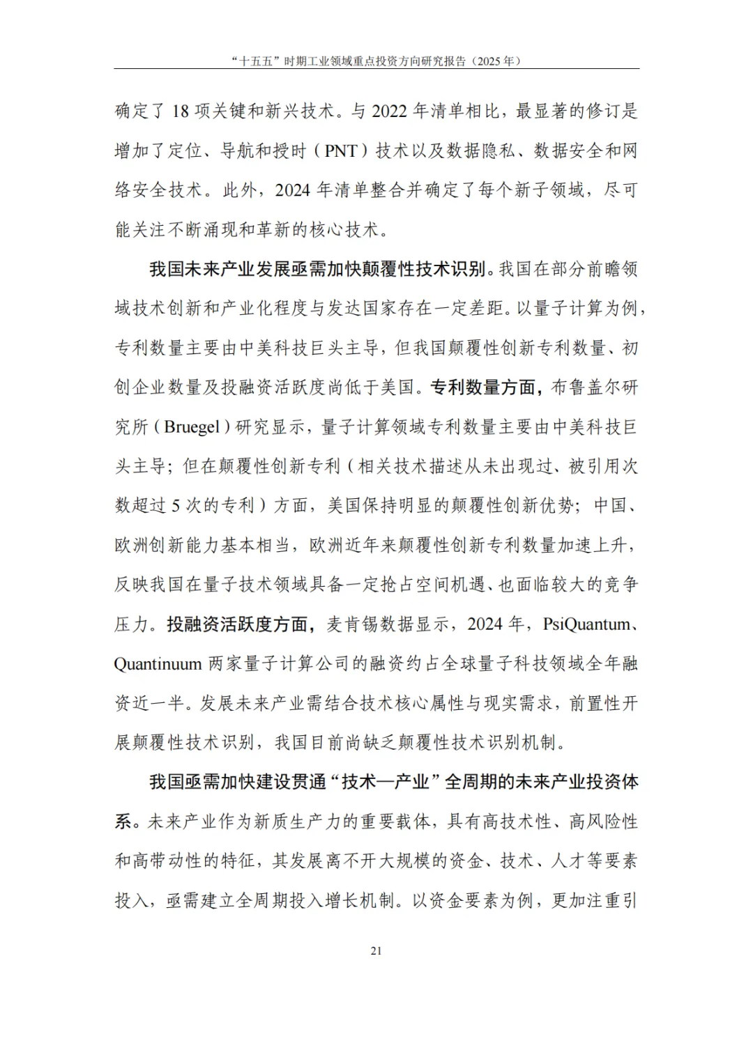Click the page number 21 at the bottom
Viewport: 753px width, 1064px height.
pos(376,951)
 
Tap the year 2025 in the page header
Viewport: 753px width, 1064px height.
pos(490,61)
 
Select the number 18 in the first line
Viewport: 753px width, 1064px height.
pos(180,111)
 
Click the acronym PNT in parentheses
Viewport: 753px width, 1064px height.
pos(341,151)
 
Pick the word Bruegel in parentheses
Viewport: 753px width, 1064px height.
pos(192,427)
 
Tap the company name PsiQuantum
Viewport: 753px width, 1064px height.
pos(586,624)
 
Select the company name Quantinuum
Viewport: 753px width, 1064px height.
pos(158,664)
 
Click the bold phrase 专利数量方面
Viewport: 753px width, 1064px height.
pos(482,387)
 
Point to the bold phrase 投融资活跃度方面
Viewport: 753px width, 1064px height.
pos(237,624)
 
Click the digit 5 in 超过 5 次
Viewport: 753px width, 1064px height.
pos(176,506)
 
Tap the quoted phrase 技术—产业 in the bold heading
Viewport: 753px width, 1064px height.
pos(386,782)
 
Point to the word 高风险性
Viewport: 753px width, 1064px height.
pos(603,822)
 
